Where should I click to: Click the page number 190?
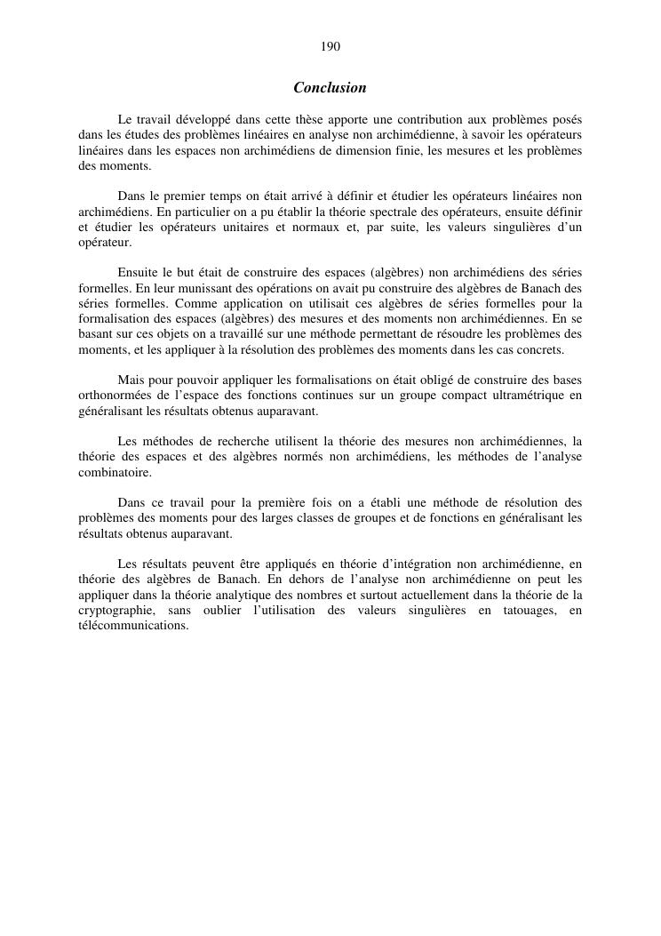point(330,46)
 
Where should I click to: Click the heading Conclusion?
point(330,88)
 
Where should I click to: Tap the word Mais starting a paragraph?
point(131,380)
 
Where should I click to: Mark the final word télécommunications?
point(132,626)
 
